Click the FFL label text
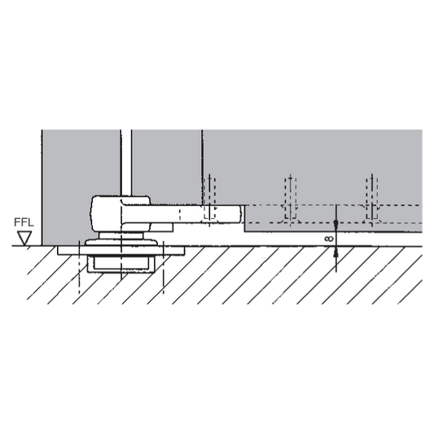(x=24, y=222)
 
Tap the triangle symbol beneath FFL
(x=24, y=238)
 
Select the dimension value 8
(x=329, y=239)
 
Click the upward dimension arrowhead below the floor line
(x=336, y=252)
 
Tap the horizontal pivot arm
(x=182, y=213)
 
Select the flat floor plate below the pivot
(x=121, y=251)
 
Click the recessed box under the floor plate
(x=121, y=264)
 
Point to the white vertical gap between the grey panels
(x=126, y=163)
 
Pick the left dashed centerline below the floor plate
(x=79, y=267)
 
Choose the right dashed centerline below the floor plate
(x=164, y=267)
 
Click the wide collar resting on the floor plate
(x=121, y=243)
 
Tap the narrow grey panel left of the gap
(x=81, y=187)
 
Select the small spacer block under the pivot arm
(x=162, y=227)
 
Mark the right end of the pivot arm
(x=241, y=213)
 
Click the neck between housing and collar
(x=121, y=235)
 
